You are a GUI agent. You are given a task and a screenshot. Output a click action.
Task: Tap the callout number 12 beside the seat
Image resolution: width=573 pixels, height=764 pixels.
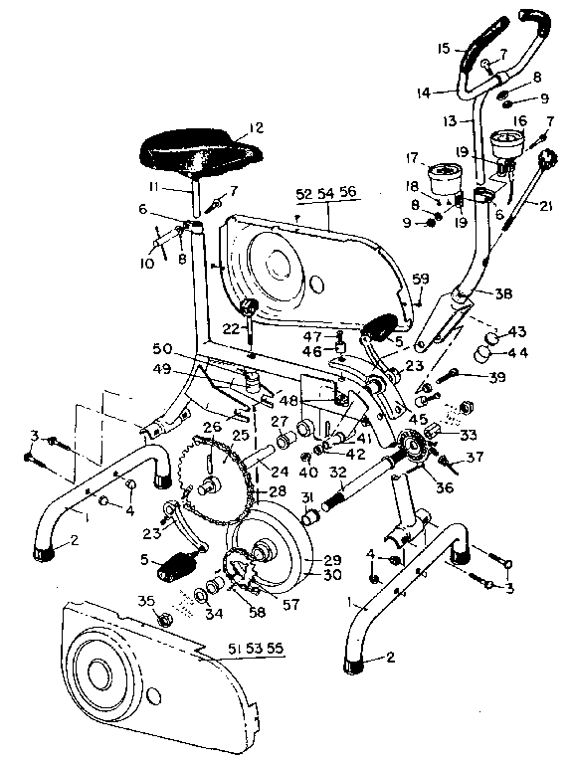[256, 126]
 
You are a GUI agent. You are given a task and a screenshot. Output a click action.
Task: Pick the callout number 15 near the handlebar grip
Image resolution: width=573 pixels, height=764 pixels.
[444, 48]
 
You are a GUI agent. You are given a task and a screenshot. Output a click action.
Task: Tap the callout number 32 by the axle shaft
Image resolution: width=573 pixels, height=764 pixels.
[337, 474]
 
